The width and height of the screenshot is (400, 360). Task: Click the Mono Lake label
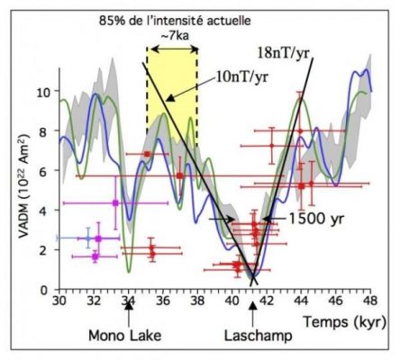pyautogui.click(x=124, y=335)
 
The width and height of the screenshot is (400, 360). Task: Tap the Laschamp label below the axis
pyautogui.click(x=259, y=336)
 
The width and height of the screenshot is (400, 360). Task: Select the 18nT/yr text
pyautogui.click(x=283, y=54)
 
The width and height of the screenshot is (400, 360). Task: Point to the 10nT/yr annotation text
pyautogui.click(x=241, y=77)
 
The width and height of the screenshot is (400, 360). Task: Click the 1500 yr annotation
pyautogui.click(x=316, y=219)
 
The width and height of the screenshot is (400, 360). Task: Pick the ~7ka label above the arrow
pyautogui.click(x=175, y=36)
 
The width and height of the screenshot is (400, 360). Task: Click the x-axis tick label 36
pyautogui.click(x=163, y=300)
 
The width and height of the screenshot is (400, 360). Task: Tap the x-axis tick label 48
pyautogui.click(x=370, y=300)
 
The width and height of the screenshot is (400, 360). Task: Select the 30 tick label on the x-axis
pyautogui.click(x=59, y=300)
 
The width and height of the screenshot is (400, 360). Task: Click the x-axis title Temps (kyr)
pyautogui.click(x=344, y=322)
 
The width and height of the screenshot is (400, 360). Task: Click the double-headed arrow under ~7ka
pyautogui.click(x=175, y=49)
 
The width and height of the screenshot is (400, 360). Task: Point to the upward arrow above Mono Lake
pyautogui.click(x=129, y=314)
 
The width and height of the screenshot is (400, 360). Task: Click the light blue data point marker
pyautogui.click(x=88, y=238)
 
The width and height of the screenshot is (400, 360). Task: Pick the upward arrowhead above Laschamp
pyautogui.click(x=253, y=305)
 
